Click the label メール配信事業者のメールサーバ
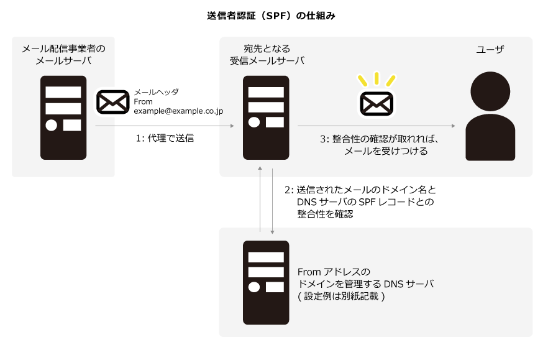63,54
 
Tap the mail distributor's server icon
63,118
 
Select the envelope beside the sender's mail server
112,102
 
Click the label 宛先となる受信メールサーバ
267,54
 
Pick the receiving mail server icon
266,118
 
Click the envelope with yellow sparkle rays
377,103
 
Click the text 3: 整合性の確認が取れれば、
380,139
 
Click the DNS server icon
266,283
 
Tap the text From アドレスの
334,272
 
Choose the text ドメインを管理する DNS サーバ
365,284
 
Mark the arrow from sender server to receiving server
165,126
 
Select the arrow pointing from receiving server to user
376,126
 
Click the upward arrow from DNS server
260,199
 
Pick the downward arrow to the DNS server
272,199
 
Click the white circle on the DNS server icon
253,287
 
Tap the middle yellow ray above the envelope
377,78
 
